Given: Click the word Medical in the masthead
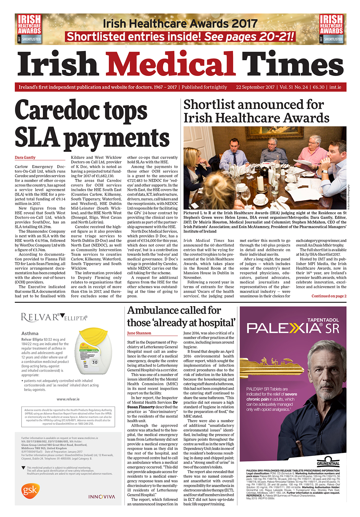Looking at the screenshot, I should point(170,64).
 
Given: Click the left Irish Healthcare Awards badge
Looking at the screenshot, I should point(29,29).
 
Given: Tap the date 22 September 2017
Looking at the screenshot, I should point(255,87).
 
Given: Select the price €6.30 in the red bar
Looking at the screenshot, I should point(318,87).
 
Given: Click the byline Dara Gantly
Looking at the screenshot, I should point(25,158).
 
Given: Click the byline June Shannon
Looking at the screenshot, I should point(139,333).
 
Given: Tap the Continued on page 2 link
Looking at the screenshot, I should point(329,296).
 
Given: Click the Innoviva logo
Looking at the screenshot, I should point(102,497).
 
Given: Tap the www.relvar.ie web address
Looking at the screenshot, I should point(68,399).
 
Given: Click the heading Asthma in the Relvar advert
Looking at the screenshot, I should point(30,334).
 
